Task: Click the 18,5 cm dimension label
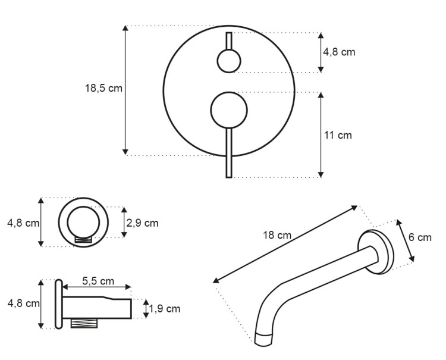[x=103, y=88]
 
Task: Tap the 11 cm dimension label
[x=338, y=135]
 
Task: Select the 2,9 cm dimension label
[x=142, y=223]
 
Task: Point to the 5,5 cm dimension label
[x=98, y=281]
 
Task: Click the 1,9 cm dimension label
[x=164, y=308]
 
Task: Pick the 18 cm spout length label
[x=277, y=236]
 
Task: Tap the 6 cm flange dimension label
[x=420, y=237]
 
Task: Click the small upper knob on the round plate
[x=229, y=61]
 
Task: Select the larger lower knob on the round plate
[x=229, y=110]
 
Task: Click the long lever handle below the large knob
[x=229, y=153]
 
